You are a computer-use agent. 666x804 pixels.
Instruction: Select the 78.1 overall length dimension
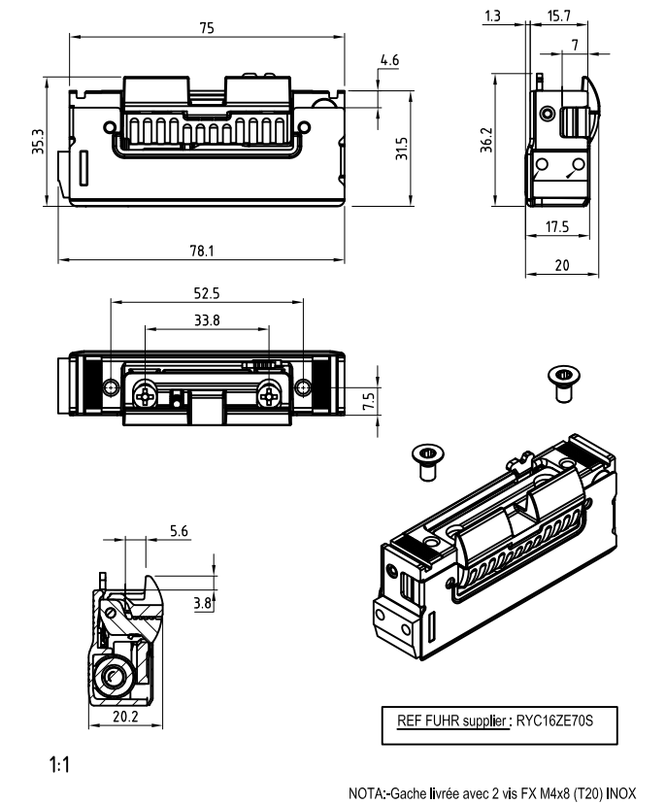click(x=201, y=251)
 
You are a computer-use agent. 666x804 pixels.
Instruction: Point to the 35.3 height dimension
click(x=36, y=145)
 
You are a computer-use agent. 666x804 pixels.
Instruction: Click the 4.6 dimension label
click(x=389, y=60)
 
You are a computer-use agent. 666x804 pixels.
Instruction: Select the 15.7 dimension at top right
click(x=558, y=17)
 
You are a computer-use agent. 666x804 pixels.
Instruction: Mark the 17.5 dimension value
click(x=556, y=226)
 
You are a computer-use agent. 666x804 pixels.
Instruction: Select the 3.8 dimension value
click(x=202, y=603)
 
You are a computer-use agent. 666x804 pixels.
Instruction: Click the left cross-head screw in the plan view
click(x=147, y=393)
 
